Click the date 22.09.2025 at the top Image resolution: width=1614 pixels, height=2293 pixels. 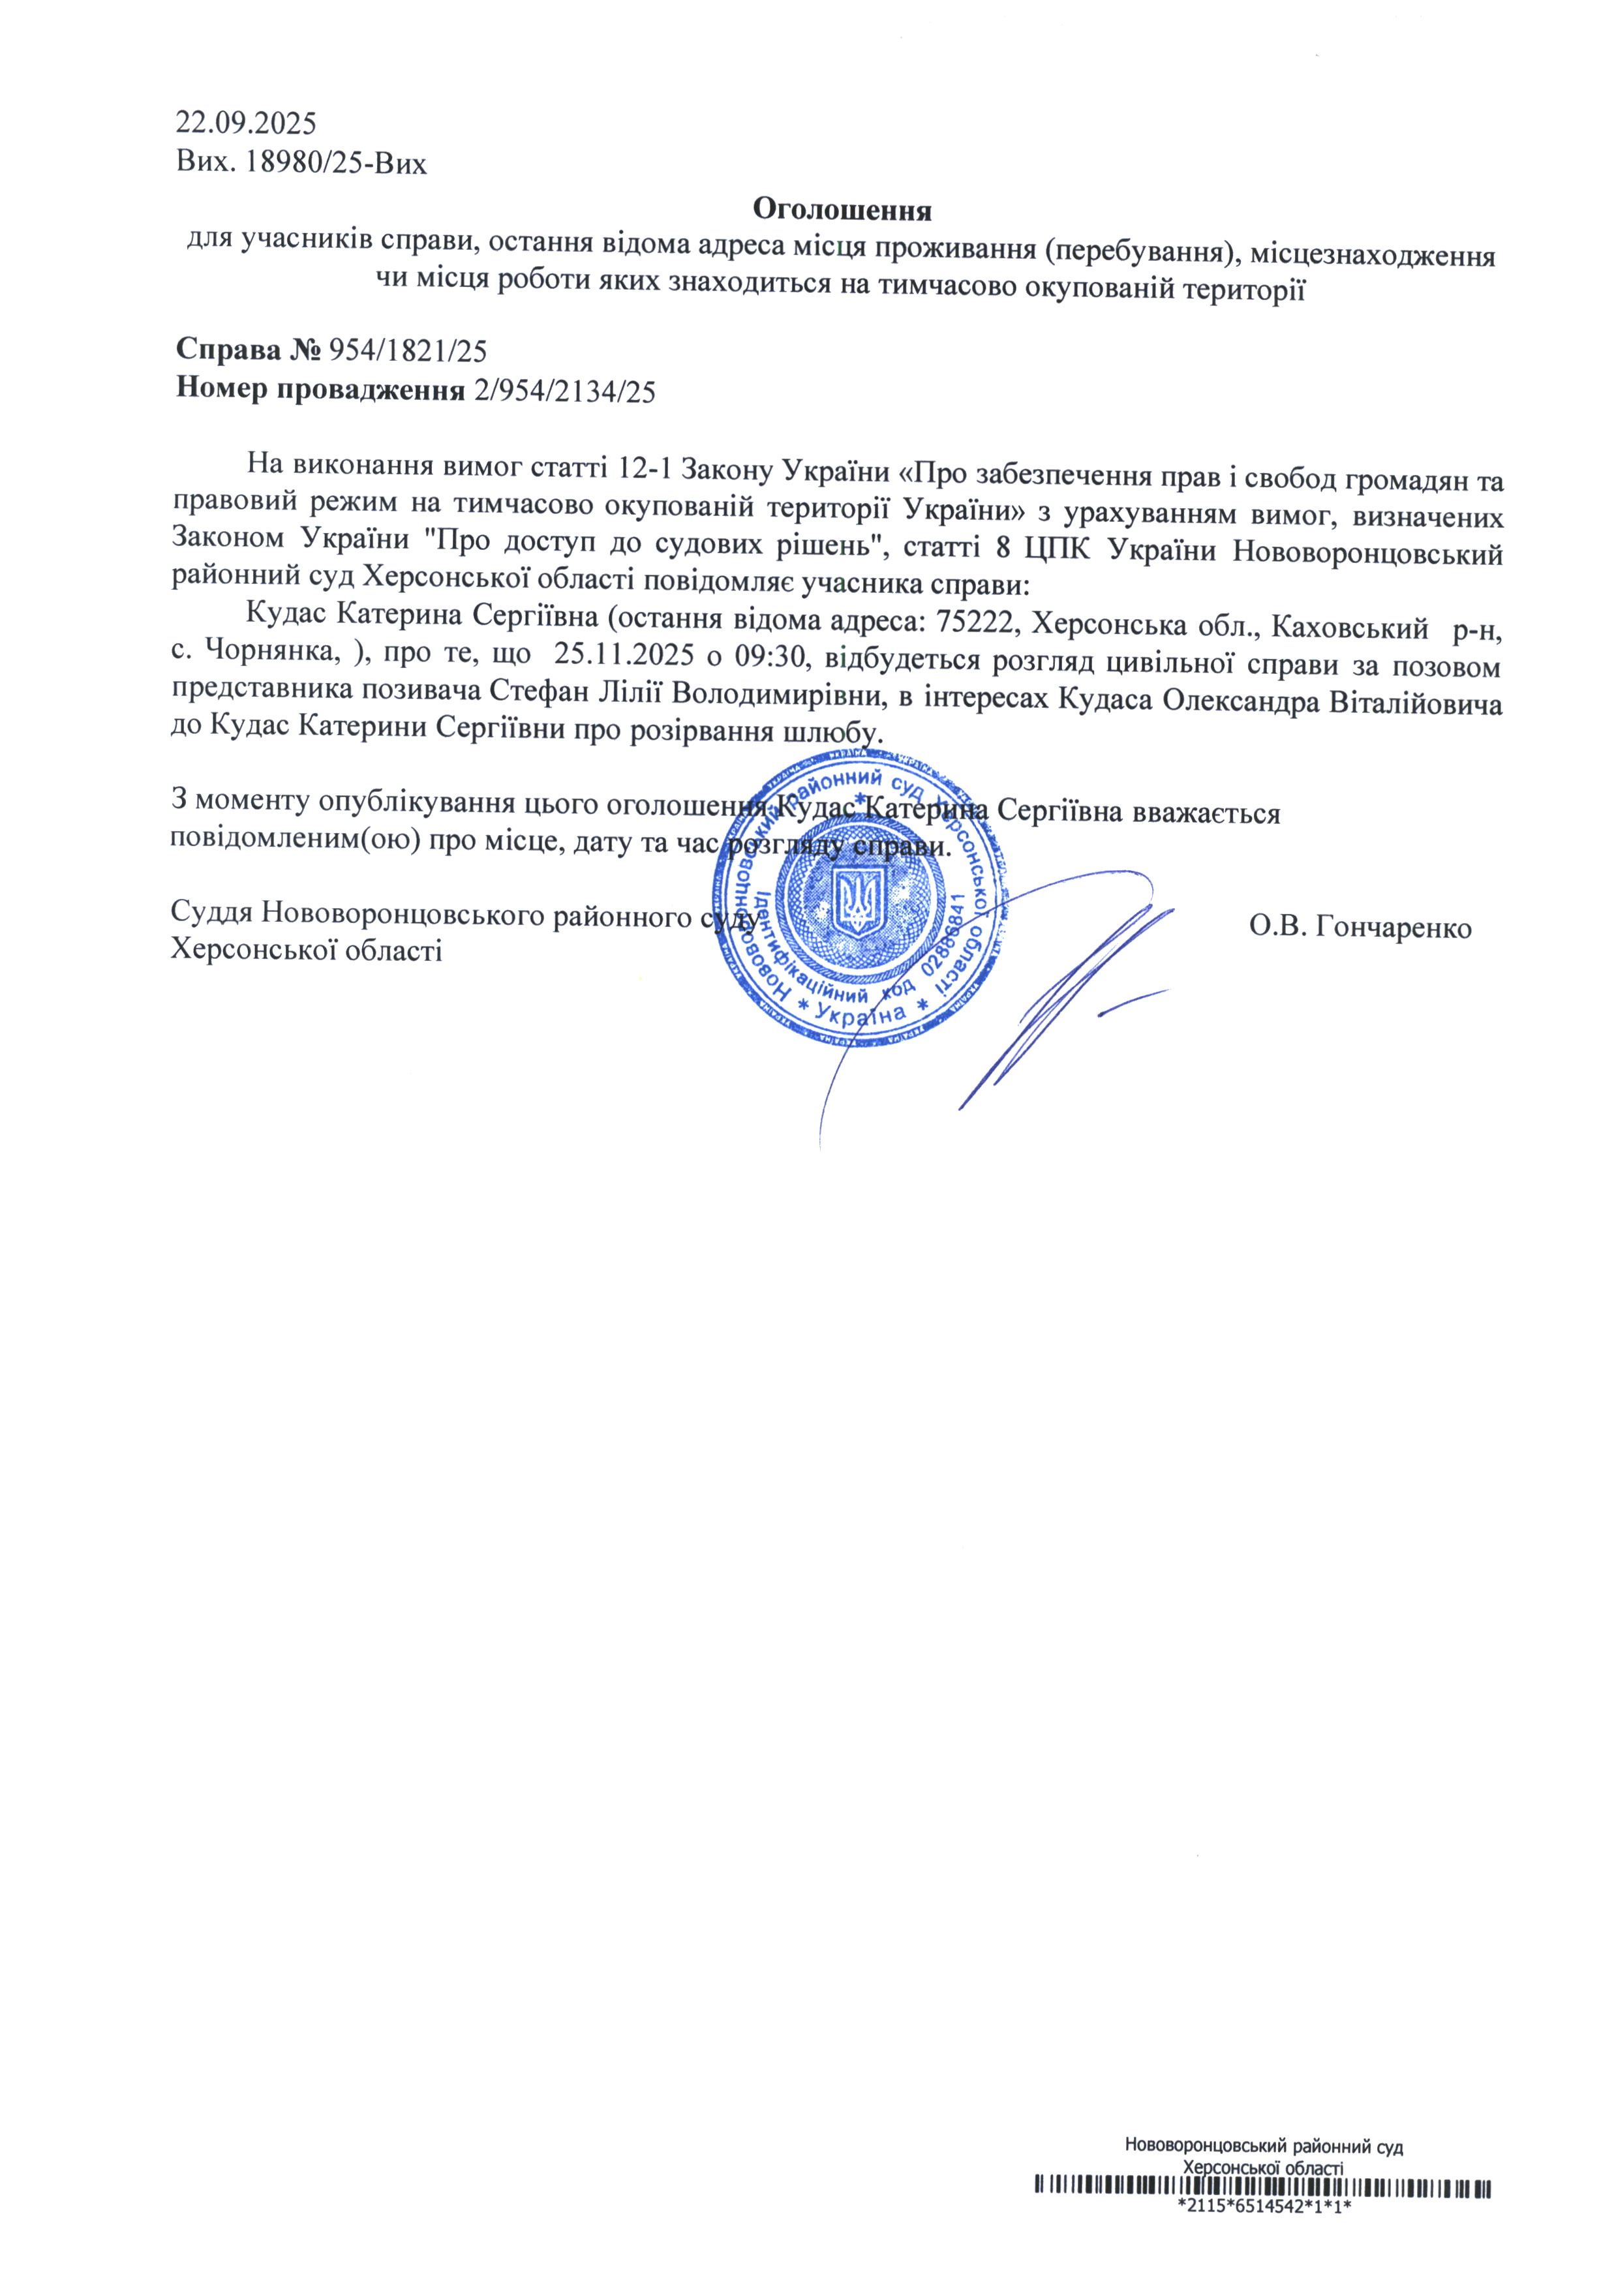click(x=246, y=124)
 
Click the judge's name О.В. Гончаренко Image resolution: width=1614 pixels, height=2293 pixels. click(x=1360, y=928)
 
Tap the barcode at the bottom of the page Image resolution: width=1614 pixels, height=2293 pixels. click(x=1262, y=2213)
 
